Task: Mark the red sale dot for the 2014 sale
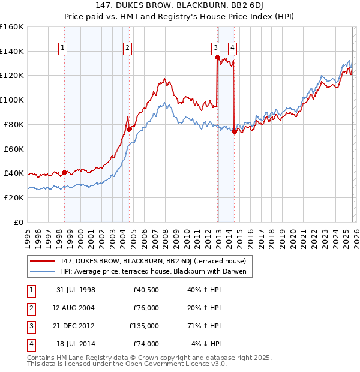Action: click(x=233, y=132)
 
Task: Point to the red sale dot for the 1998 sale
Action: click(x=64, y=172)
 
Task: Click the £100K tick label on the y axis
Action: click(x=11, y=100)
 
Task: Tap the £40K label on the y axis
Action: click(x=13, y=173)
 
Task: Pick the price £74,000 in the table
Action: click(x=144, y=344)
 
